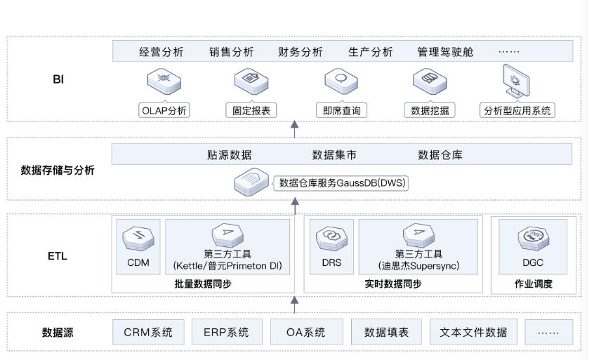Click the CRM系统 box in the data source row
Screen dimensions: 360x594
coord(148,333)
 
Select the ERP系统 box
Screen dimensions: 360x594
coord(226,333)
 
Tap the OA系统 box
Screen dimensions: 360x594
coord(306,333)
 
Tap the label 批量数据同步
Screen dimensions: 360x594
coord(203,284)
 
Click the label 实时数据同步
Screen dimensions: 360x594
coord(393,284)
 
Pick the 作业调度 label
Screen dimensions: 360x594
coord(534,284)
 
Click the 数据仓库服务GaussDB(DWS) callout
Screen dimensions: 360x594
coord(342,183)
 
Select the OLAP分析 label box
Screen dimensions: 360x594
coord(164,110)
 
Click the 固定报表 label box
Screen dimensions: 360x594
coord(251,110)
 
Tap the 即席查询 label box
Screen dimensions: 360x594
coord(341,110)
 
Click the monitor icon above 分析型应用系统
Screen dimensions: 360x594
coord(516,83)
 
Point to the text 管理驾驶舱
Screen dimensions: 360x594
coord(445,52)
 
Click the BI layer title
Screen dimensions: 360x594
coord(58,79)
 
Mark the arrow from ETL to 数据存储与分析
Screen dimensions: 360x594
coord(295,206)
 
